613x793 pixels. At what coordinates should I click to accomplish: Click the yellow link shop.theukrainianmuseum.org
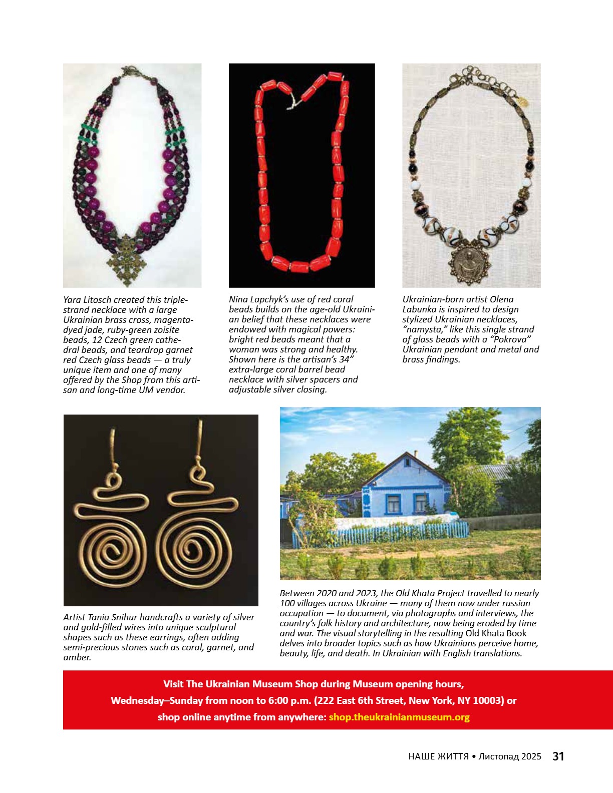coord(399,717)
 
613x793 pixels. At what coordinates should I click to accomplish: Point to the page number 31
coord(558,756)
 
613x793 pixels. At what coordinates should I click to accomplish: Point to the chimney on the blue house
coord(415,454)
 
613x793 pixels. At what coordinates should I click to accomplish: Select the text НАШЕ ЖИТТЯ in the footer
coord(438,756)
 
